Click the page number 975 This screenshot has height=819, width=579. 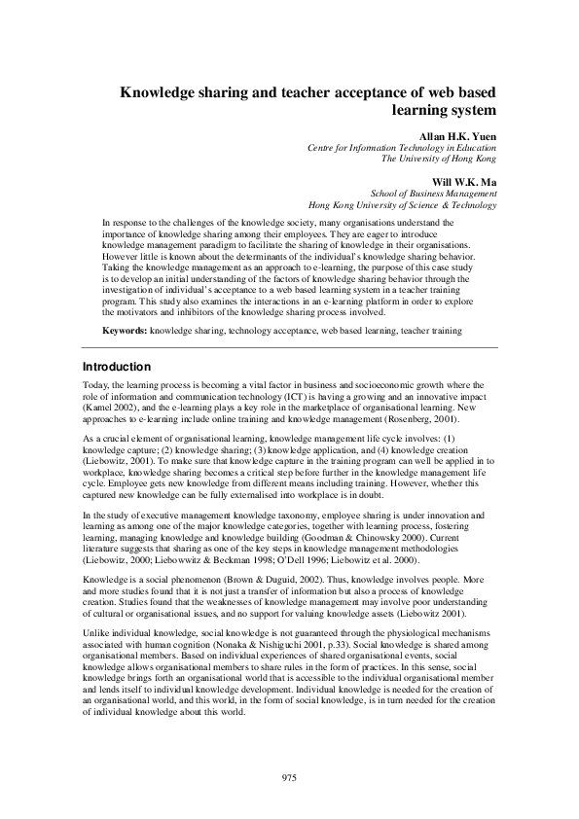[289, 778]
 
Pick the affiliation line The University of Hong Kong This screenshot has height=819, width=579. [438, 158]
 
